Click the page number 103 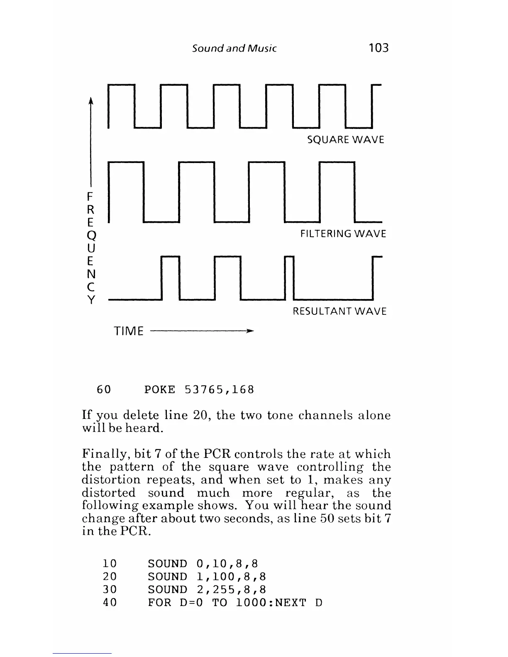[379, 48]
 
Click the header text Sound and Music [234, 48]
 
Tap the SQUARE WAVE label [345, 140]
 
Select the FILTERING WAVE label [343, 234]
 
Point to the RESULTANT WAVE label [339, 311]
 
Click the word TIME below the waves [129, 331]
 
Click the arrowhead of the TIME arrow [249, 331]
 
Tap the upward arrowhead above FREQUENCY [91, 101]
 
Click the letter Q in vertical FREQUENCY [91, 236]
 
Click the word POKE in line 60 [160, 390]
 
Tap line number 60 [104, 390]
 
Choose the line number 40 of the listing [110, 602]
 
